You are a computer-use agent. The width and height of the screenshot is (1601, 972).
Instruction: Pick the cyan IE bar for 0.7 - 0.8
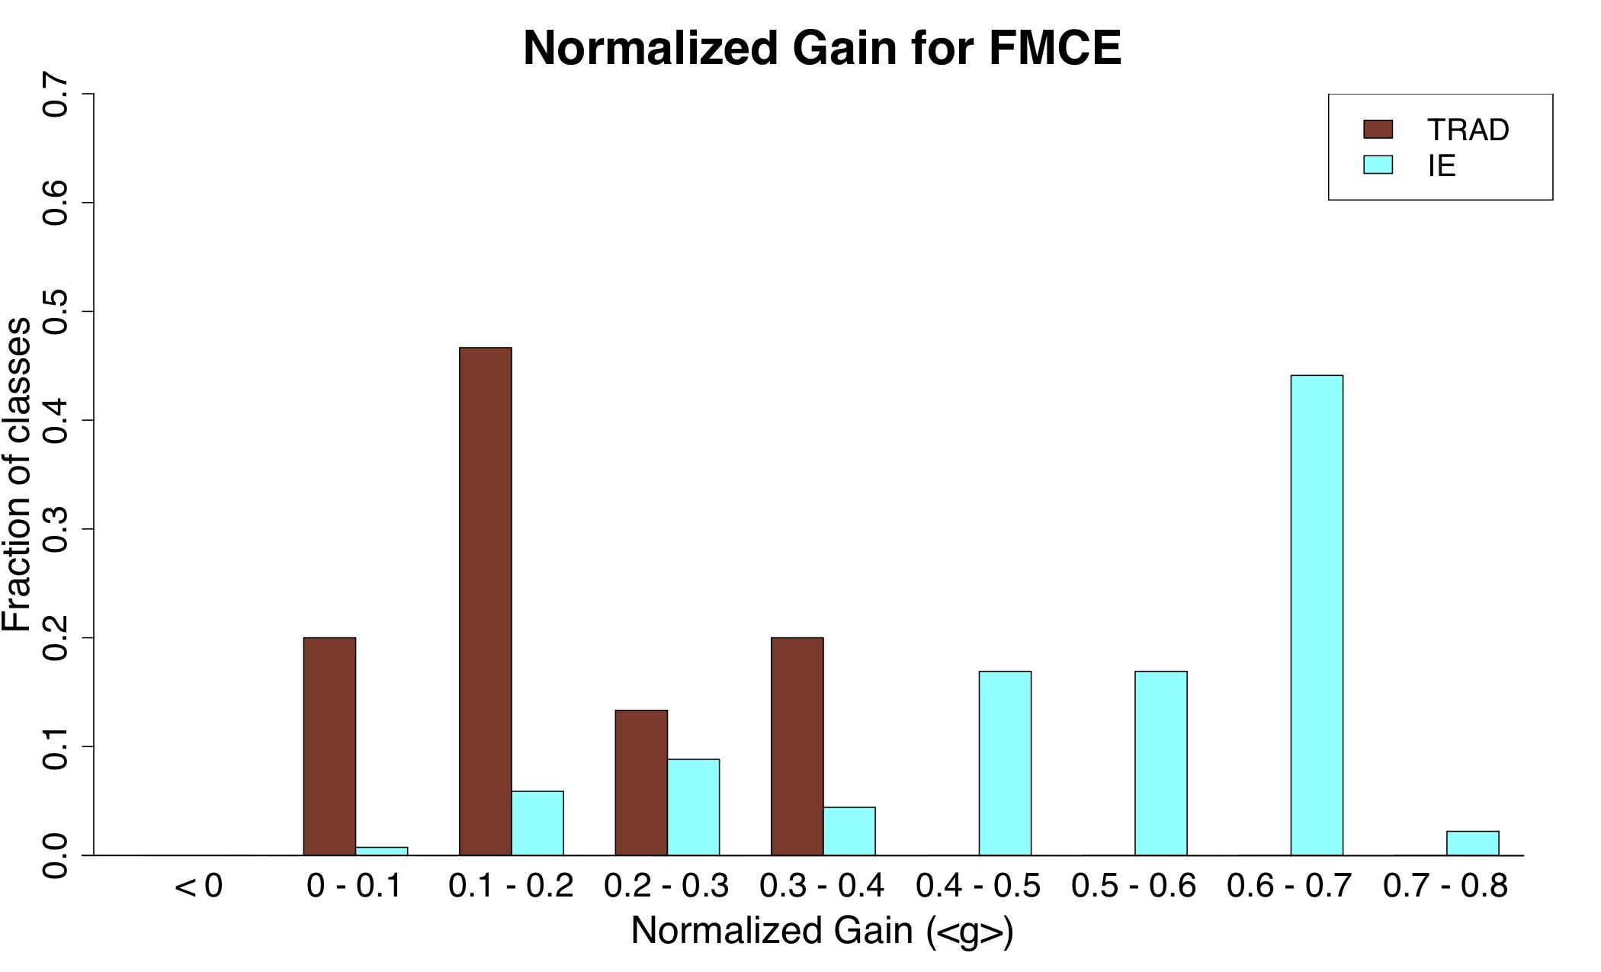coord(1472,843)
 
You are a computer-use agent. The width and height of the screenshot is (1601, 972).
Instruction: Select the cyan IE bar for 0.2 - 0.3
coord(693,807)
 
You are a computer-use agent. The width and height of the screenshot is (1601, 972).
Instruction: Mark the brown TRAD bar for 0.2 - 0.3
coord(641,782)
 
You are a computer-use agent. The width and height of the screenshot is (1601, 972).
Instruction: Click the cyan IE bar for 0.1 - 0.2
coord(537,823)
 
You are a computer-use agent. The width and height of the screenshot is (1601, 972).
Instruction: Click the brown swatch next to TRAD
coord(1378,130)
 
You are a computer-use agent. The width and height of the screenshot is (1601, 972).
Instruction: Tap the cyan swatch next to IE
coord(1378,165)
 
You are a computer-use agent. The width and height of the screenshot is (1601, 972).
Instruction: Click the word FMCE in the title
coord(1055,49)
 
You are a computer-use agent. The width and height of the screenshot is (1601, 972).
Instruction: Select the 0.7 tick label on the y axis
coord(55,95)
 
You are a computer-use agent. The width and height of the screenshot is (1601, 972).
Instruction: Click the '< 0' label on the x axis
coord(198,887)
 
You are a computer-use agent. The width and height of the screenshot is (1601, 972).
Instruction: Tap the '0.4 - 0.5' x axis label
coord(978,887)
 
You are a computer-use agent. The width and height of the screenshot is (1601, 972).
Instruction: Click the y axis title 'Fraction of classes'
coord(17,474)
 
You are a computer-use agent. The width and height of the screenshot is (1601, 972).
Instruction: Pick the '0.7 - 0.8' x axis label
coord(1445,887)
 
